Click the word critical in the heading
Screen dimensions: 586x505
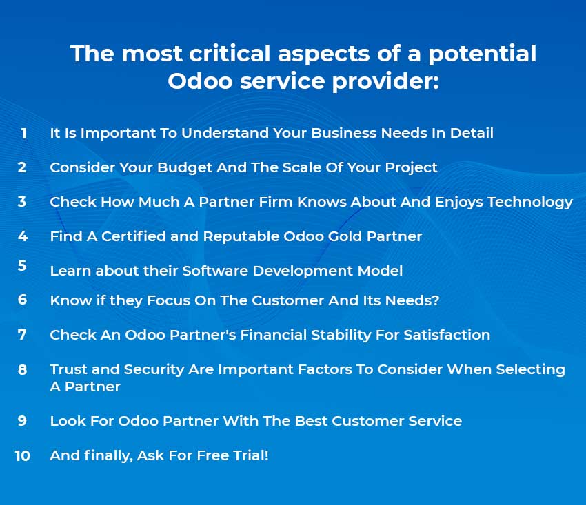(230, 53)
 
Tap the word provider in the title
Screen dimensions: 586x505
(385, 81)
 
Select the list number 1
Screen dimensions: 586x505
(24, 134)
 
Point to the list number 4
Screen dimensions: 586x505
(23, 236)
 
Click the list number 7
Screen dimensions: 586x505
(22, 335)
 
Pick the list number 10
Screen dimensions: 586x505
(23, 455)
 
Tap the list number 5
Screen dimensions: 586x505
(22, 265)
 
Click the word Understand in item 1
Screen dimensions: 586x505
(225, 133)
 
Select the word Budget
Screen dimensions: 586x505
(185, 167)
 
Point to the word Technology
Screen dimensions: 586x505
(530, 202)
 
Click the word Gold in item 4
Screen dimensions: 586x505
(345, 236)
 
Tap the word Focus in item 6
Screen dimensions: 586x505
(168, 300)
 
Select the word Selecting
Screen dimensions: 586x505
(530, 369)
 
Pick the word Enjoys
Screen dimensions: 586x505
(459, 202)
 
